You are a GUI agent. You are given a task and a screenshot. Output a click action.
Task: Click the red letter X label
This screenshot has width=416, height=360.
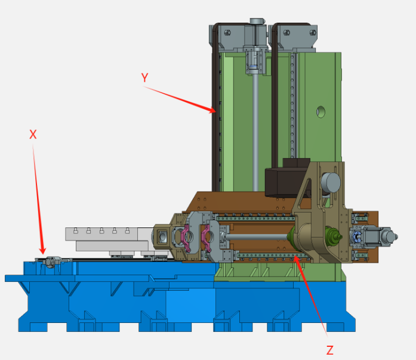click(33, 134)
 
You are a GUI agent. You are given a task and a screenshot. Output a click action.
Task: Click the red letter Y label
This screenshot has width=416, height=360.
click(144, 78)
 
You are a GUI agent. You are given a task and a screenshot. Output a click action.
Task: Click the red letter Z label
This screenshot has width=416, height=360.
click(330, 350)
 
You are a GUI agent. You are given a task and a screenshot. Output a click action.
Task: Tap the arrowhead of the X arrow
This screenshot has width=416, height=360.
click(42, 251)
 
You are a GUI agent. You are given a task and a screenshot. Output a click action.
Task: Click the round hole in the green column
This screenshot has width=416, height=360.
click(321, 112)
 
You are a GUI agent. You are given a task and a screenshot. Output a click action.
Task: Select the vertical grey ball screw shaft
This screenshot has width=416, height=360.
click(255, 132)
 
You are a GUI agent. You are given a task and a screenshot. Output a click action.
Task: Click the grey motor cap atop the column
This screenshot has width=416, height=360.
click(257, 21)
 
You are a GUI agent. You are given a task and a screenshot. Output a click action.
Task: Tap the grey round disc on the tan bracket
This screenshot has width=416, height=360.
click(331, 183)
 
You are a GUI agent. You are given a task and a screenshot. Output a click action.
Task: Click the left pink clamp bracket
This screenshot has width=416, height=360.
click(186, 238)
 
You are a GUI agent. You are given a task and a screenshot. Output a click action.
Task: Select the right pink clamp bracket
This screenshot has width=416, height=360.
click(207, 238)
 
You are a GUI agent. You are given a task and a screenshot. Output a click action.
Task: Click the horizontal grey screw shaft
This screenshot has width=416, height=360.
click(257, 236)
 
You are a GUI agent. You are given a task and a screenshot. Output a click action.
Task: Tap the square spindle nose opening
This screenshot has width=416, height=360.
click(162, 236)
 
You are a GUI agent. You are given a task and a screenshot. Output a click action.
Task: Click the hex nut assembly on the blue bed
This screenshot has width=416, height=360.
click(50, 261)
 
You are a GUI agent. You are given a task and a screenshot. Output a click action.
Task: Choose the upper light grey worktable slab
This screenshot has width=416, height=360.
click(101, 234)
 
